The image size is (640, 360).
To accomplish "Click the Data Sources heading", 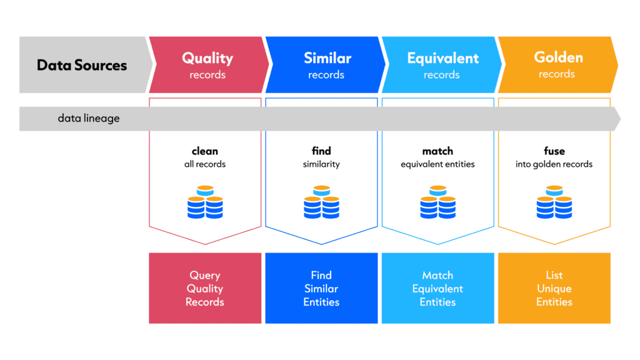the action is [82, 65].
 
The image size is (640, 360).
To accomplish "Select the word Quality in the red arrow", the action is [207, 58].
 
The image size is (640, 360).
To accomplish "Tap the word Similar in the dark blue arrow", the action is [327, 58].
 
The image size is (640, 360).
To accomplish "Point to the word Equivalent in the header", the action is [443, 58].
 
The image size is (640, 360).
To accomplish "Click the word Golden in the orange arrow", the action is [558, 57].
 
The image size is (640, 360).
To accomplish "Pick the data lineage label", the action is [89, 118].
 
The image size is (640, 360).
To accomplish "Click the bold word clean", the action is [205, 151].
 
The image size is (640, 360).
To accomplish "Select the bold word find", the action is [321, 151].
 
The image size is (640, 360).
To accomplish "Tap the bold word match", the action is [437, 151].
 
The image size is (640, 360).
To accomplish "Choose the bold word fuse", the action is [554, 151].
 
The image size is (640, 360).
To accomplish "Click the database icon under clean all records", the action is [205, 202].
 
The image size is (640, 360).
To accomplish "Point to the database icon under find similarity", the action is [321, 202].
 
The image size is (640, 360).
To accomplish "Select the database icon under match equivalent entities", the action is [438, 202].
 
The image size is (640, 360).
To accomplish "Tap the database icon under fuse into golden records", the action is [554, 202].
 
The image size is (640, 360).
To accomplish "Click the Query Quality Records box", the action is [205, 288].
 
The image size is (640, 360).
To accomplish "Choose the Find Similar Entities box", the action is [321, 288].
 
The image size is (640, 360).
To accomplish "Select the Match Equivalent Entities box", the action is [438, 288].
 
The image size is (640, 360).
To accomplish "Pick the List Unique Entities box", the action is [554, 288].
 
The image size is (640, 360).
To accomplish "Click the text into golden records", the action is [554, 164].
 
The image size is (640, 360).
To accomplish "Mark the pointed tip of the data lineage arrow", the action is [621, 119].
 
